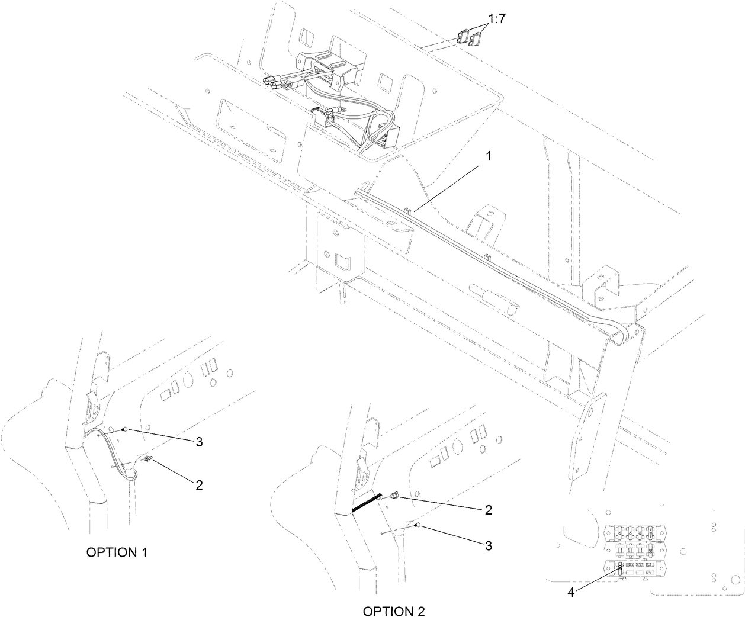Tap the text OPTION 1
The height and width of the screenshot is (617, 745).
tap(117, 552)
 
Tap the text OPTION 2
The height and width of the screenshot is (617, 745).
tap(394, 610)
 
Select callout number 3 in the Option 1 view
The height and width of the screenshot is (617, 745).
tap(199, 442)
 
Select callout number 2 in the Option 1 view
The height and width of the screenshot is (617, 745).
tap(199, 484)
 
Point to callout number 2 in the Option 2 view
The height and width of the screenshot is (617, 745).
tap(488, 510)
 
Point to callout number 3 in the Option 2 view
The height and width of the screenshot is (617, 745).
tap(488, 545)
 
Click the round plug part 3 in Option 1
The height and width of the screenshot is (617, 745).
tap(124, 429)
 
